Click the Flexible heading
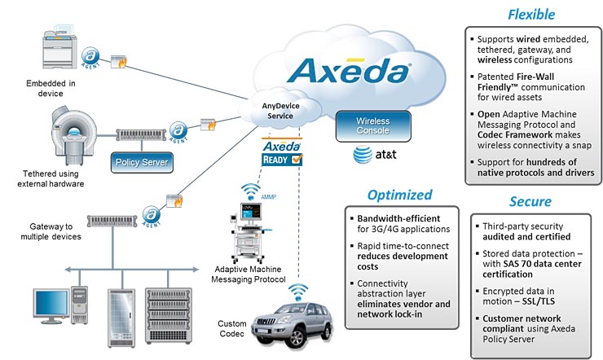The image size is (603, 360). [531, 14]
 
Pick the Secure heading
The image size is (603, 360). [530, 201]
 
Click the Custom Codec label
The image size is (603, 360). [231, 330]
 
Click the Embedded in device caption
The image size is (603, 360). [51, 89]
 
